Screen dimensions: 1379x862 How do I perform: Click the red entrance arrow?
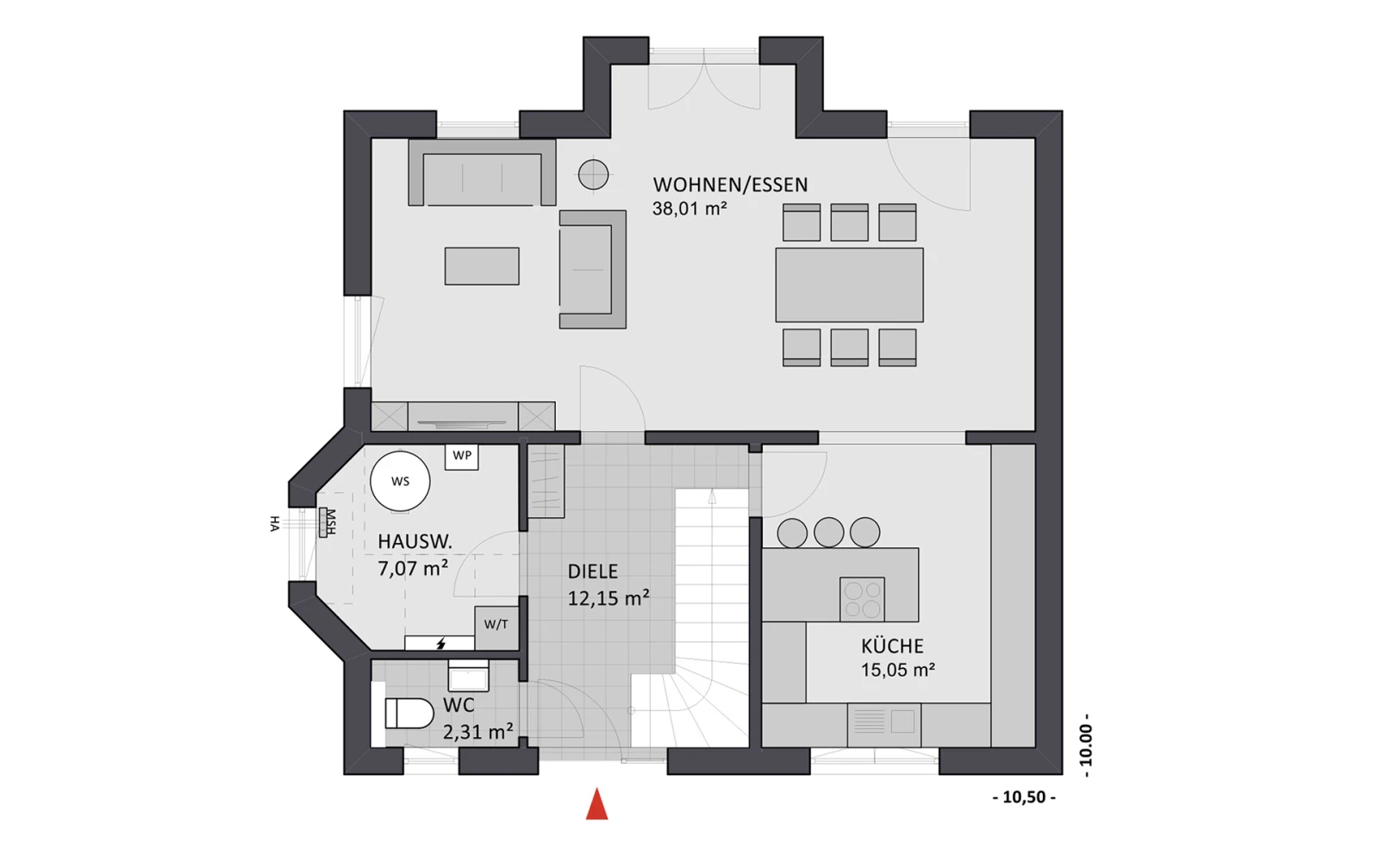(x=596, y=803)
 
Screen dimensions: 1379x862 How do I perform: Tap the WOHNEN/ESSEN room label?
(x=730, y=184)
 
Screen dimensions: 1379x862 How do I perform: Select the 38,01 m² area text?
(x=689, y=209)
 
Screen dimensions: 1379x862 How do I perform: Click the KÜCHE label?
(x=892, y=646)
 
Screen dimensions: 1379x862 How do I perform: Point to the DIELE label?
(x=592, y=572)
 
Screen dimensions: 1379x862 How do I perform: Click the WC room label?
(x=459, y=705)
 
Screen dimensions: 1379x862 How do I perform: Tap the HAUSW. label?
(x=415, y=542)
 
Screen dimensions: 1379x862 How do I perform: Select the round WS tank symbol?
(x=400, y=482)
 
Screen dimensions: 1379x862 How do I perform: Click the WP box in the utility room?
(x=462, y=456)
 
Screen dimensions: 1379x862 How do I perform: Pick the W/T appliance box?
(x=496, y=627)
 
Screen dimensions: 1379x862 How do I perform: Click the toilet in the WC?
(x=409, y=713)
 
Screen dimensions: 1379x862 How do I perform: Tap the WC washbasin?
(x=469, y=676)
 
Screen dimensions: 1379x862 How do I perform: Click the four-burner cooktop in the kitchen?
(x=862, y=599)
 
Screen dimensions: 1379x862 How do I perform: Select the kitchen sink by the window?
(x=884, y=724)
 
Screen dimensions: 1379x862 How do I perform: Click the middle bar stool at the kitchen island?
(x=828, y=532)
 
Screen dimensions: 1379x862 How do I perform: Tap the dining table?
(x=850, y=285)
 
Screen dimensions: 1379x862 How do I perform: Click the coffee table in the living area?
(x=482, y=266)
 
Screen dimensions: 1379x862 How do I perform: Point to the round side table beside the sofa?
(x=594, y=175)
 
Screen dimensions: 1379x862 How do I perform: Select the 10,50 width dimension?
(x=1025, y=797)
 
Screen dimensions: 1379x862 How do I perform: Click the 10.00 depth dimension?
(x=1086, y=745)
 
